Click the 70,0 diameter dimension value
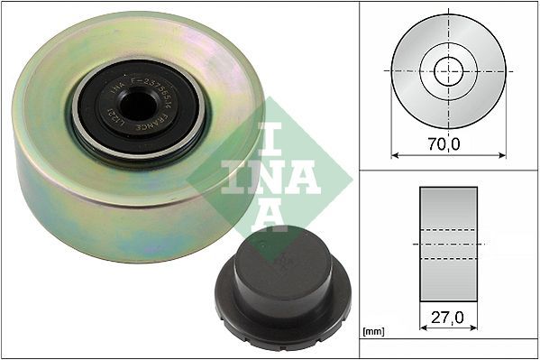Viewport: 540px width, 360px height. coord(448,143)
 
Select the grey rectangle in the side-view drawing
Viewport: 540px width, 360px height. coord(448,243)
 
